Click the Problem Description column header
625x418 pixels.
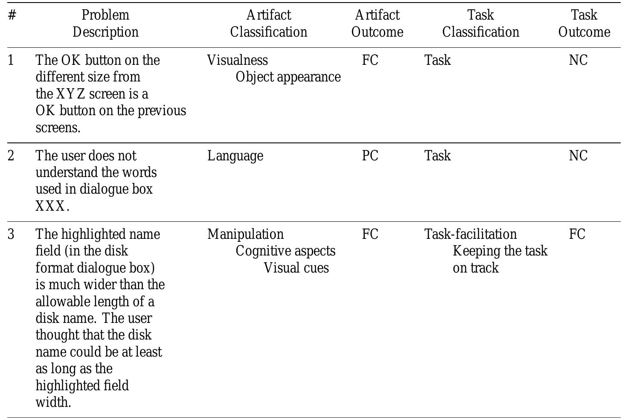point(105,23)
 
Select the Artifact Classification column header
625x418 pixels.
point(269,23)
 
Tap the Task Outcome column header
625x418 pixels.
point(584,23)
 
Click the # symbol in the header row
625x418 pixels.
point(12,15)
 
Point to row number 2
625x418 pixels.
point(11,156)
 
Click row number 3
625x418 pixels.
point(11,234)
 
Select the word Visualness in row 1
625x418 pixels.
point(238,60)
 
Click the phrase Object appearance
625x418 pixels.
point(288,77)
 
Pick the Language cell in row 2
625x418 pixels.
point(235,156)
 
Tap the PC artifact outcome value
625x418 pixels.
point(370,156)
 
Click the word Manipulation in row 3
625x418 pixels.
point(245,234)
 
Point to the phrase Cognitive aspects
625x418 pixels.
point(285,251)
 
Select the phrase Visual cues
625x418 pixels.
point(296,268)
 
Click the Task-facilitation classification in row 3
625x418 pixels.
point(470,234)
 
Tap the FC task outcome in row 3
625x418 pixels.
point(577,234)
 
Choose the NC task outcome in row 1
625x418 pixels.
point(578,60)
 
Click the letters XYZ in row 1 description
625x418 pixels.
point(70,94)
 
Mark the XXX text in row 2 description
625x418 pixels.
point(51,206)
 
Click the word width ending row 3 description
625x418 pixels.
point(53,402)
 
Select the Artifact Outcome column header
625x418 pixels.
point(377,23)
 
